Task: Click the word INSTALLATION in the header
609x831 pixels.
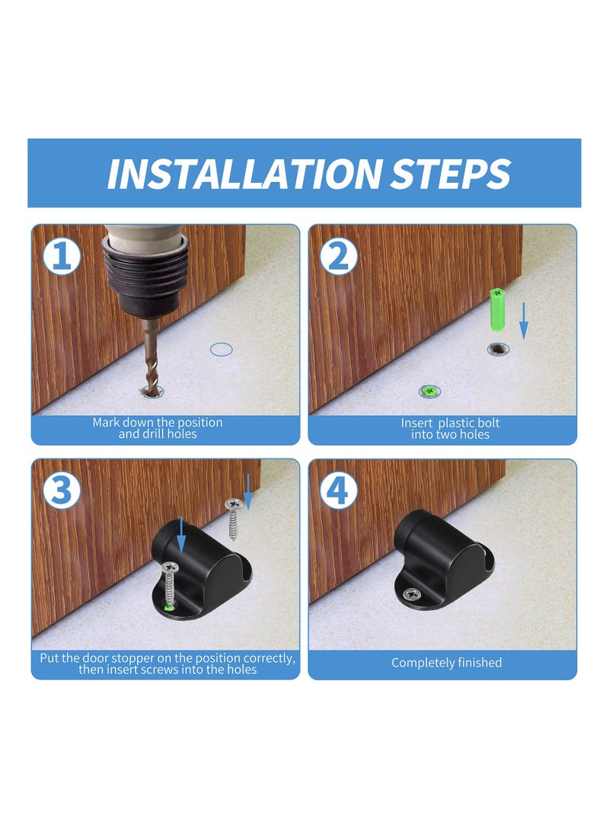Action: (244, 174)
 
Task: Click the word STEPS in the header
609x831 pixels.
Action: (450, 174)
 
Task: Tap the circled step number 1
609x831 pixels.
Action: (62, 256)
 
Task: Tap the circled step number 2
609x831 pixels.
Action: (339, 256)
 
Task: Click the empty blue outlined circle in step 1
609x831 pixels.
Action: (221, 349)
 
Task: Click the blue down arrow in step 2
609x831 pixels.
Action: (524, 319)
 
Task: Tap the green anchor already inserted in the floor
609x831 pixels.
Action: (430, 391)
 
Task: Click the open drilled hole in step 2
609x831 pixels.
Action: (499, 349)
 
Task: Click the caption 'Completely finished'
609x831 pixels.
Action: (446, 663)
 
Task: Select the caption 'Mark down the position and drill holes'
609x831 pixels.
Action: (157, 428)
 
